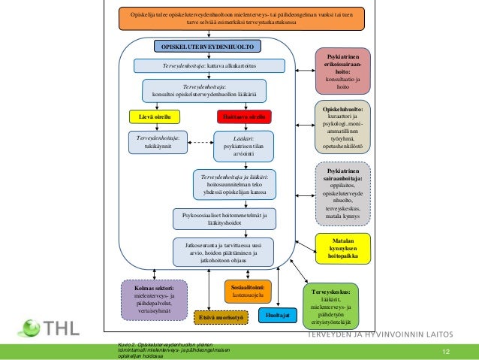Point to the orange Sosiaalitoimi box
coord(244,292)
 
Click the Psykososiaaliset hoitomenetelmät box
coord(221,219)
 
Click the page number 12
coord(446,352)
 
